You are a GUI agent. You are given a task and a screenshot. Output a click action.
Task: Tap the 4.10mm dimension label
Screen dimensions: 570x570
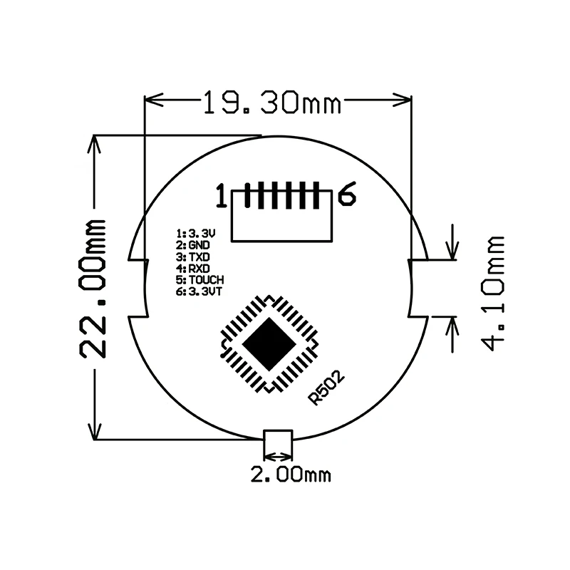492,292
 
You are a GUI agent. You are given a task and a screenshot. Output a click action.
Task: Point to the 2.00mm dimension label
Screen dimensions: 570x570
291,474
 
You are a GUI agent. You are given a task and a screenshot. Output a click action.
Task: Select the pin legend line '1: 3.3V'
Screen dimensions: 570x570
195,233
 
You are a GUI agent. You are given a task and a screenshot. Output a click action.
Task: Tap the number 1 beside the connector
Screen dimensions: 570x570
222,195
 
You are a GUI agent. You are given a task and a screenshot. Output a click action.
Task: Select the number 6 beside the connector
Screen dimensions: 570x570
347,194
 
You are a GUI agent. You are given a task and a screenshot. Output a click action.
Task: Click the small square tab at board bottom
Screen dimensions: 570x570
278,442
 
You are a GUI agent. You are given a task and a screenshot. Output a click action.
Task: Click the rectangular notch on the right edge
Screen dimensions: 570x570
418,287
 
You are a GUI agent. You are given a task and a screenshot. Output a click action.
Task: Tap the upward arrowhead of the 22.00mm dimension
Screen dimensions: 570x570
94,143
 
